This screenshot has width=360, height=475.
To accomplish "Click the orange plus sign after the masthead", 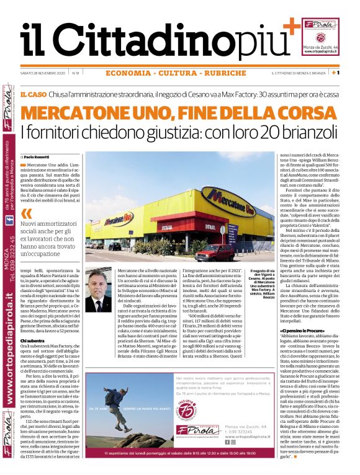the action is click(289, 26).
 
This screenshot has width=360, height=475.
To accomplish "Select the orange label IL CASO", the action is click(33, 94).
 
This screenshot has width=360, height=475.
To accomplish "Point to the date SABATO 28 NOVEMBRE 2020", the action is click(42, 73).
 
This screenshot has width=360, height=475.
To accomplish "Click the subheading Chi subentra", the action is click(32, 340).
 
